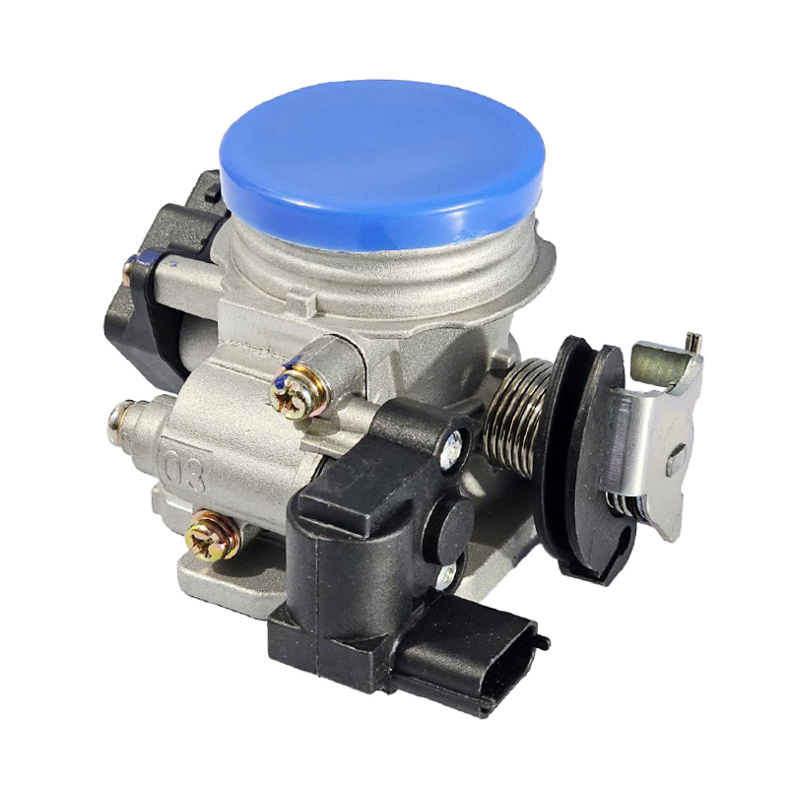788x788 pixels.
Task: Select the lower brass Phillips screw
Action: click(211, 536)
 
